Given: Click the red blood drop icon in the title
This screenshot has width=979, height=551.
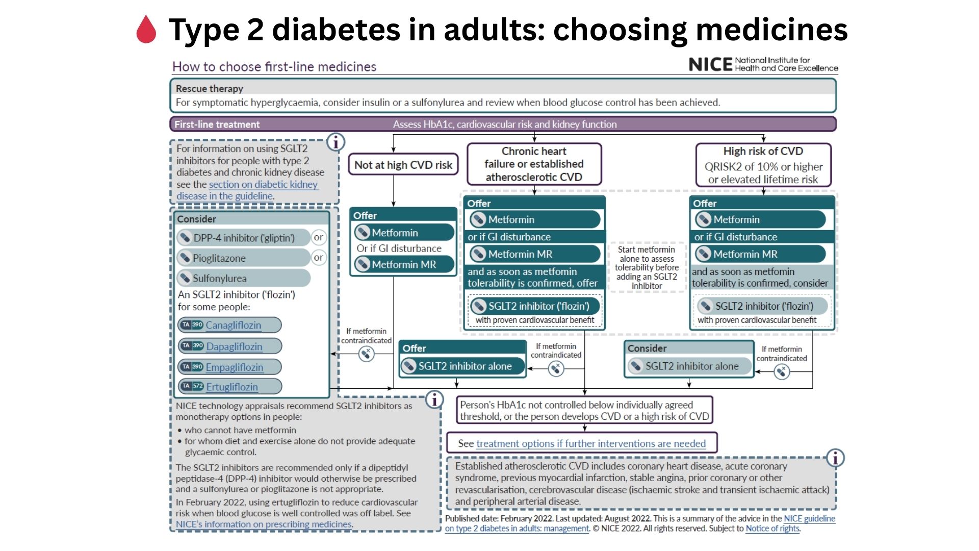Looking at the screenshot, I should click(x=146, y=29).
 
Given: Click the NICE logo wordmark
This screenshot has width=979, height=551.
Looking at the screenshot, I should click(x=710, y=64).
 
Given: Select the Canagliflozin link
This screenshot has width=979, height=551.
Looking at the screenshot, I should click(x=233, y=325).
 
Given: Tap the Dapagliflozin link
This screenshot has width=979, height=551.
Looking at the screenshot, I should click(x=234, y=346).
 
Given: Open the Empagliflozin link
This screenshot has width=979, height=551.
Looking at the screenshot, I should click(x=235, y=367).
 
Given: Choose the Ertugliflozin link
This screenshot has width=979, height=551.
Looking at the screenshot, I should click(x=232, y=387).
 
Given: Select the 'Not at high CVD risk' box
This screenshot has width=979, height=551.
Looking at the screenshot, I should click(x=403, y=165).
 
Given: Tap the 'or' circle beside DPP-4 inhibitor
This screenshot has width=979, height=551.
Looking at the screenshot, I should click(x=318, y=237).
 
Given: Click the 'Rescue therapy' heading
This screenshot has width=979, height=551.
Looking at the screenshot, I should click(x=210, y=88).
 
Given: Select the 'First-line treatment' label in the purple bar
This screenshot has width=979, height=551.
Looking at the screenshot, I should click(x=217, y=124).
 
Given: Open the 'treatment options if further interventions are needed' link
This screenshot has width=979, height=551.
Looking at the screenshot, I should click(x=590, y=443).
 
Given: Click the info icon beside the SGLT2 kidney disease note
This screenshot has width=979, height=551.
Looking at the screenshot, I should click(x=336, y=142).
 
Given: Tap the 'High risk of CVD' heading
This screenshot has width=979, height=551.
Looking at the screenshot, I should click(x=763, y=151).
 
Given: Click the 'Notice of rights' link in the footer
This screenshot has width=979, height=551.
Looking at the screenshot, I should click(x=772, y=529).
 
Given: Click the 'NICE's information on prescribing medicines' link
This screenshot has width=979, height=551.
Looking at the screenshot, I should click(x=264, y=524).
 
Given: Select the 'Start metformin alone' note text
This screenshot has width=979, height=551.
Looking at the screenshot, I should click(x=647, y=267).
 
